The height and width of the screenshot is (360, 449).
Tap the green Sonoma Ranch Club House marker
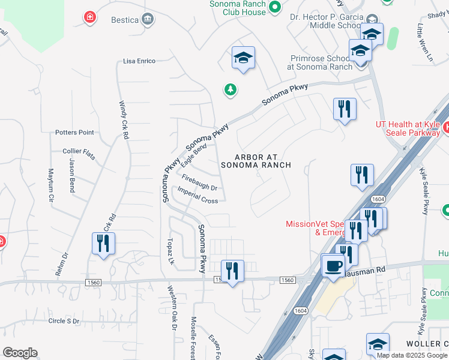pos(275,7)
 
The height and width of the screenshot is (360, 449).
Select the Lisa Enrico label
pos(139,61)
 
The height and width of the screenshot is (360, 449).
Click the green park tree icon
pos(230,90)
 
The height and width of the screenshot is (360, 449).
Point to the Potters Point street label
pos(74,132)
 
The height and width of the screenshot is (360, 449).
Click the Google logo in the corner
pos(20,352)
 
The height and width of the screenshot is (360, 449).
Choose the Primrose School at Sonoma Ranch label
pos(316,62)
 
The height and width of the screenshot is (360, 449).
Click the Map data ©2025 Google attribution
pos(412,355)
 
